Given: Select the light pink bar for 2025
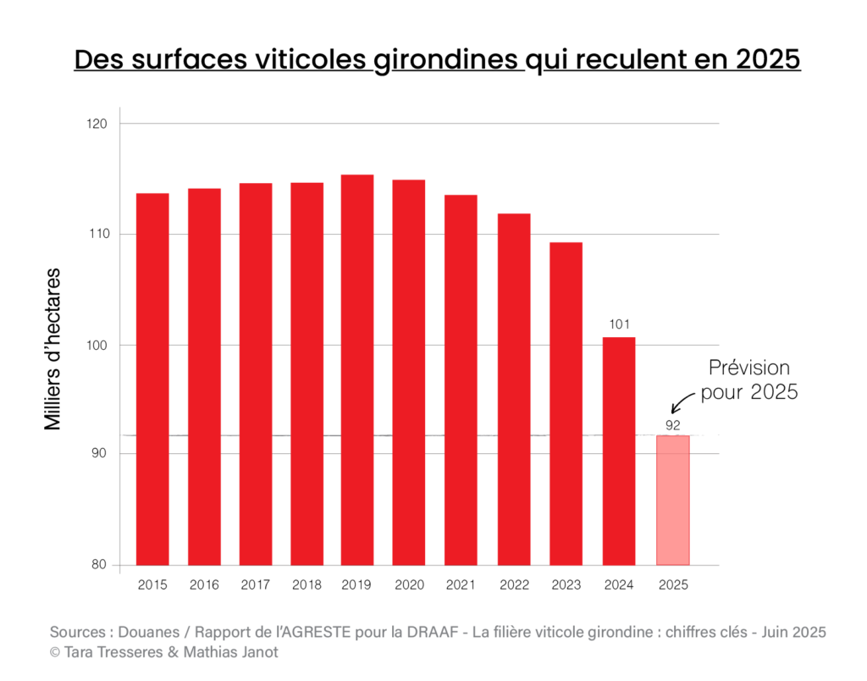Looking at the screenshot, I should (673, 500).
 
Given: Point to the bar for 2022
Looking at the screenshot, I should (514, 389).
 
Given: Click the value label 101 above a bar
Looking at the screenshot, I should (619, 324).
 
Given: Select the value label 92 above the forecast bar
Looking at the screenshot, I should (673, 424).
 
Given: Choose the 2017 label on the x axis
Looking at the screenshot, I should (256, 584).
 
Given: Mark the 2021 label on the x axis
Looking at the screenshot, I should (461, 584).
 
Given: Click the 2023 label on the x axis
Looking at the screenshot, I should (566, 584).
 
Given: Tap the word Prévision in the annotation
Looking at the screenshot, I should (748, 368).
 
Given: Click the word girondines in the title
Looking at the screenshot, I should (449, 61).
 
